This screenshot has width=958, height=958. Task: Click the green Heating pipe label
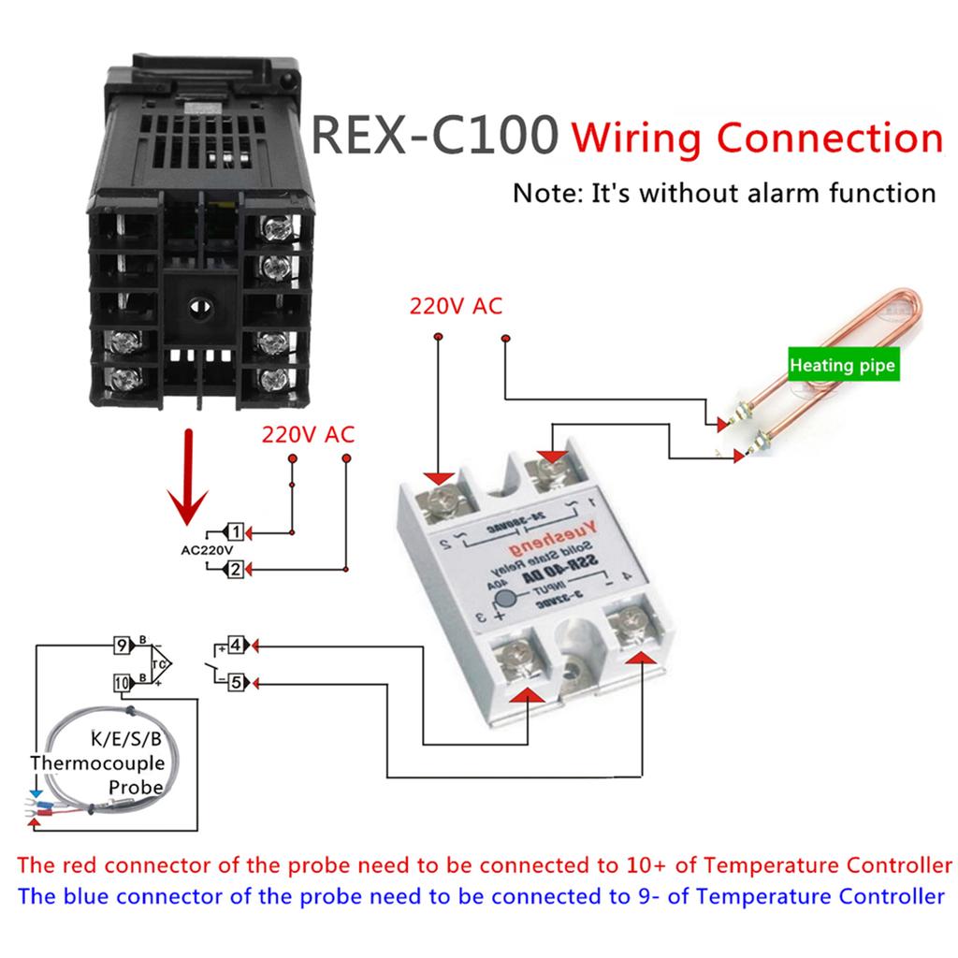(841, 365)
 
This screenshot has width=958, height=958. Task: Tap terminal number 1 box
(236, 532)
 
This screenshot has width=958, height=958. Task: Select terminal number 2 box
(236, 568)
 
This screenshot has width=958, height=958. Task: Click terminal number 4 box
(237, 645)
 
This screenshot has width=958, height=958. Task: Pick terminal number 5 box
(237, 682)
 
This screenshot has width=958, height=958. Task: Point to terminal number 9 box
(121, 645)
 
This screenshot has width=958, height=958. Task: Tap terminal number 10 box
(123, 682)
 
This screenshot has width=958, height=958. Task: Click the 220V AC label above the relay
(455, 306)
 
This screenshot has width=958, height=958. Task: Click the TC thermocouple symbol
(160, 663)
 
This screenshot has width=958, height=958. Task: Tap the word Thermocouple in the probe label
(97, 762)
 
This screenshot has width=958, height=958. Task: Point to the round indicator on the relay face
(506, 601)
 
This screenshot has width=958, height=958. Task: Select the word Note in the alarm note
(545, 194)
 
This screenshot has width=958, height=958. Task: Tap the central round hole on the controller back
(197, 306)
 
